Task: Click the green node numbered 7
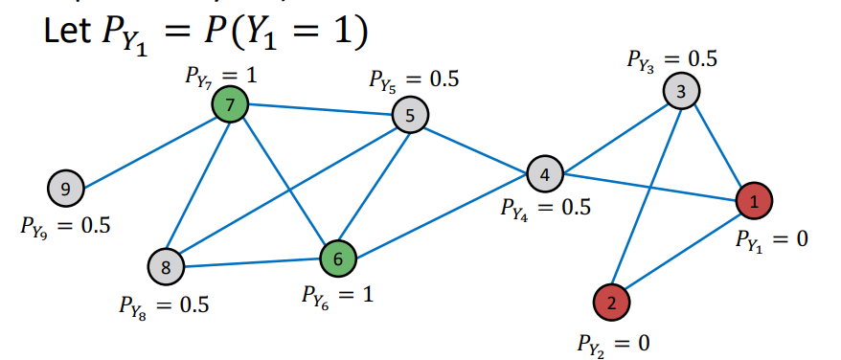230,104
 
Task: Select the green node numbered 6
337,257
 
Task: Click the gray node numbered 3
681,92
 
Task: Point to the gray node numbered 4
544,174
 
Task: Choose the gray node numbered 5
410,116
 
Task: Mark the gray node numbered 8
166,267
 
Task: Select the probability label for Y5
414,80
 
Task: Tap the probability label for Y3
671,59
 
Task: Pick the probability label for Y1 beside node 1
771,239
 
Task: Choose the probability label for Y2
613,342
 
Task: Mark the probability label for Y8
164,305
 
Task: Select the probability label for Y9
64,227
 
